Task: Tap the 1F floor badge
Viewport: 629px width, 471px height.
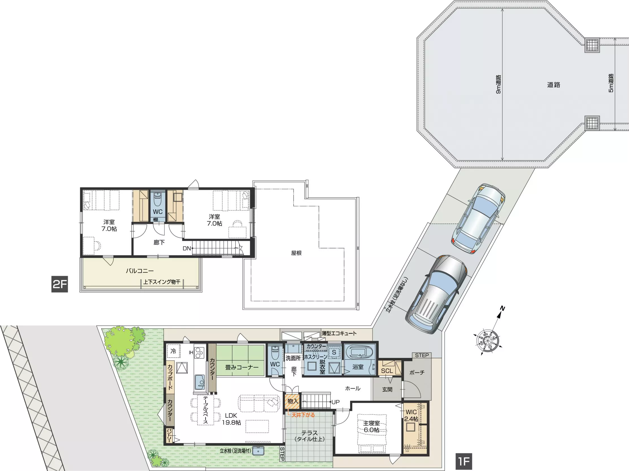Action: [464, 461]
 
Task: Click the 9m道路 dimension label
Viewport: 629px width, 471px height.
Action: [498, 84]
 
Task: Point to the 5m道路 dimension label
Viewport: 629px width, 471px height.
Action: [611, 83]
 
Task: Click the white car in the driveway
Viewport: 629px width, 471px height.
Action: [478, 218]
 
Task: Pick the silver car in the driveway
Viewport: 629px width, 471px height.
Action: [436, 294]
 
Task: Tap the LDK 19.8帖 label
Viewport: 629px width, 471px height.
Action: [231, 419]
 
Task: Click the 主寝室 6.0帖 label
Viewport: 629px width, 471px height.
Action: [371, 426]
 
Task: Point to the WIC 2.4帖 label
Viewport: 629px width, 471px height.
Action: [411, 415]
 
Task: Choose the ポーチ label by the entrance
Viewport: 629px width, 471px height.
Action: [417, 373]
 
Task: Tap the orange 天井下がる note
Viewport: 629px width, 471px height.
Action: [303, 415]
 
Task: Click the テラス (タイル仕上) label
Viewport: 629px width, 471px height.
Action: [309, 436]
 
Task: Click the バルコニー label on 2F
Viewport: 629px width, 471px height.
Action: [140, 271]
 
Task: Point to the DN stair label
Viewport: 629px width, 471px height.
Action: [186, 248]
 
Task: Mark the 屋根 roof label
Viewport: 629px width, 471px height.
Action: [296, 253]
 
